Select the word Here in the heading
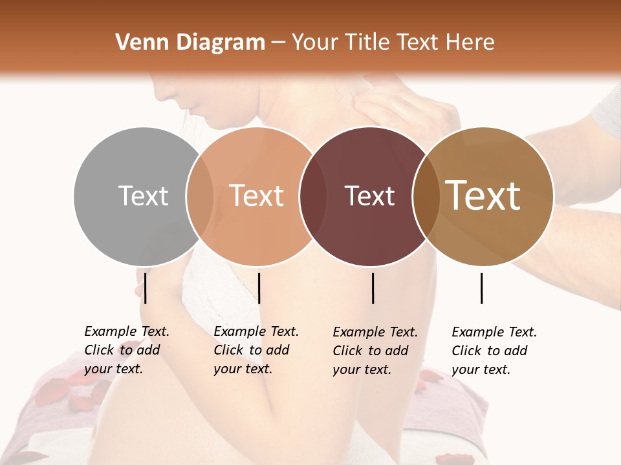coord(471,43)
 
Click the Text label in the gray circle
coord(143,196)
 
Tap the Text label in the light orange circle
coord(257,196)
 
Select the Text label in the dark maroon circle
coord(369,196)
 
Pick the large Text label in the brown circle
coord(483,196)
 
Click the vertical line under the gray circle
coord(146,288)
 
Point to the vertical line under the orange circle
coord(259,288)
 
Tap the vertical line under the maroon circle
coord(373,288)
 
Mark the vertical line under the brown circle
coord(482,288)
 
